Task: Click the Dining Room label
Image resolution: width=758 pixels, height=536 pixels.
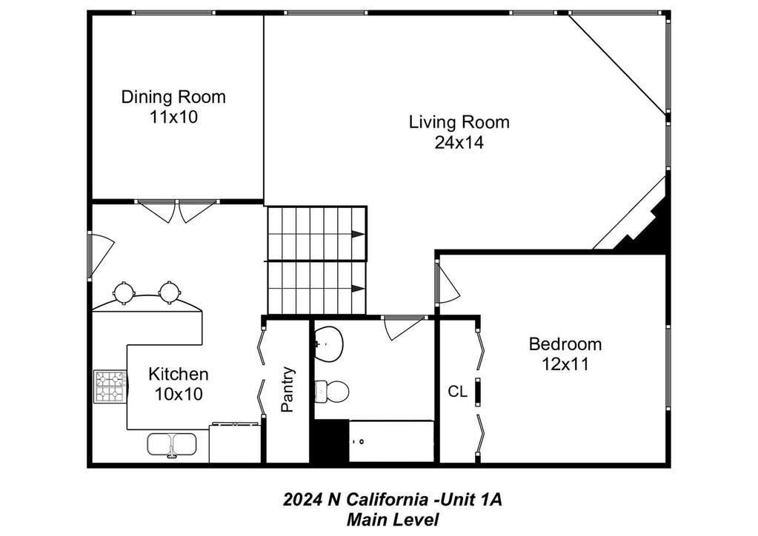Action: click(173, 96)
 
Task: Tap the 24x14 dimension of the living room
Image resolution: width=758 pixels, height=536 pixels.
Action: click(459, 142)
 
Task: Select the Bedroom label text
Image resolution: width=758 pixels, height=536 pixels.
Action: click(565, 344)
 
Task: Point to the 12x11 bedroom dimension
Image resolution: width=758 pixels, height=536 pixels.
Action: click(565, 364)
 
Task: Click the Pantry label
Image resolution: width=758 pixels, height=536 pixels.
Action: click(287, 389)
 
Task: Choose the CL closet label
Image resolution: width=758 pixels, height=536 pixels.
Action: click(457, 391)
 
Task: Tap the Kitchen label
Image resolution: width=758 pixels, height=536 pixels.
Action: click(179, 374)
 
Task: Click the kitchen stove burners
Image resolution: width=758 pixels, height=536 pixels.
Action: click(110, 386)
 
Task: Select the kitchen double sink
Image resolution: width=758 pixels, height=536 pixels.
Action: click(171, 445)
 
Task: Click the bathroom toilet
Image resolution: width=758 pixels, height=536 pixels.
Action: click(332, 391)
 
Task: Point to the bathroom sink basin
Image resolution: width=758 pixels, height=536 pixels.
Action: click(329, 344)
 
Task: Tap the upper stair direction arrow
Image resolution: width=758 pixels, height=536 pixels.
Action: click(358, 234)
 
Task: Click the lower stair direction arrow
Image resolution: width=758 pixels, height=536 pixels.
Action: click(358, 289)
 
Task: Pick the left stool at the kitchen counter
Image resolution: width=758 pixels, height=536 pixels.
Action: click(123, 292)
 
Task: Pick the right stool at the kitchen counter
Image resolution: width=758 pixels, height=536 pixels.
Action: click(170, 292)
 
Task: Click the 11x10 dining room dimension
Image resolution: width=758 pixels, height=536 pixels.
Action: click(173, 117)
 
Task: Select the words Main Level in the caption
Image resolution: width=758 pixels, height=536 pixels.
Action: click(393, 520)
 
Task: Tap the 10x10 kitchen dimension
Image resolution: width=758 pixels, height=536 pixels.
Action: click(179, 394)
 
